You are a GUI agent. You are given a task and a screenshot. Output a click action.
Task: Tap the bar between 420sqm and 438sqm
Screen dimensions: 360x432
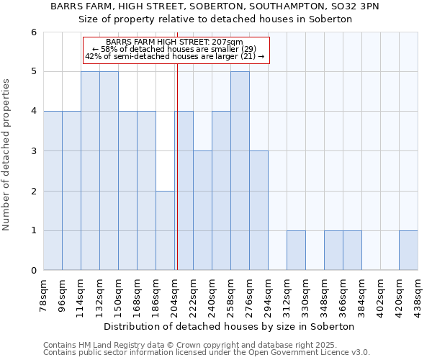coord(408,251)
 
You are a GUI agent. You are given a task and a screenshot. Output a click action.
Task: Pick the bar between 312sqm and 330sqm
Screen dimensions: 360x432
coord(296,251)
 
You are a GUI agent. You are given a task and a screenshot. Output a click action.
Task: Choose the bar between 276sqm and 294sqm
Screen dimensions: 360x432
coord(258,210)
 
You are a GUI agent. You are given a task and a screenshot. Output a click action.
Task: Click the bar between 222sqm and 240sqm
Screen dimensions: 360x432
coord(202,210)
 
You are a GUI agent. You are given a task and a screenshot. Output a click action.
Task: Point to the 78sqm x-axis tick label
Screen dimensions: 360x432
coord(43,296)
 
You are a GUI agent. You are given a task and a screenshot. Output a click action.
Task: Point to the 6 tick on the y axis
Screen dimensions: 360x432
coord(33,32)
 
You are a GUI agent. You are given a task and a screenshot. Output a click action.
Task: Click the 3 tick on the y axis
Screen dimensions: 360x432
coord(33,151)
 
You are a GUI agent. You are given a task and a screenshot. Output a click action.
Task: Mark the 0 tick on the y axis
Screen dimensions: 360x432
coord(33,271)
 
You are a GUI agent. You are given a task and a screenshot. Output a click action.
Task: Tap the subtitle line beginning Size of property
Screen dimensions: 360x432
coord(215,19)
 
